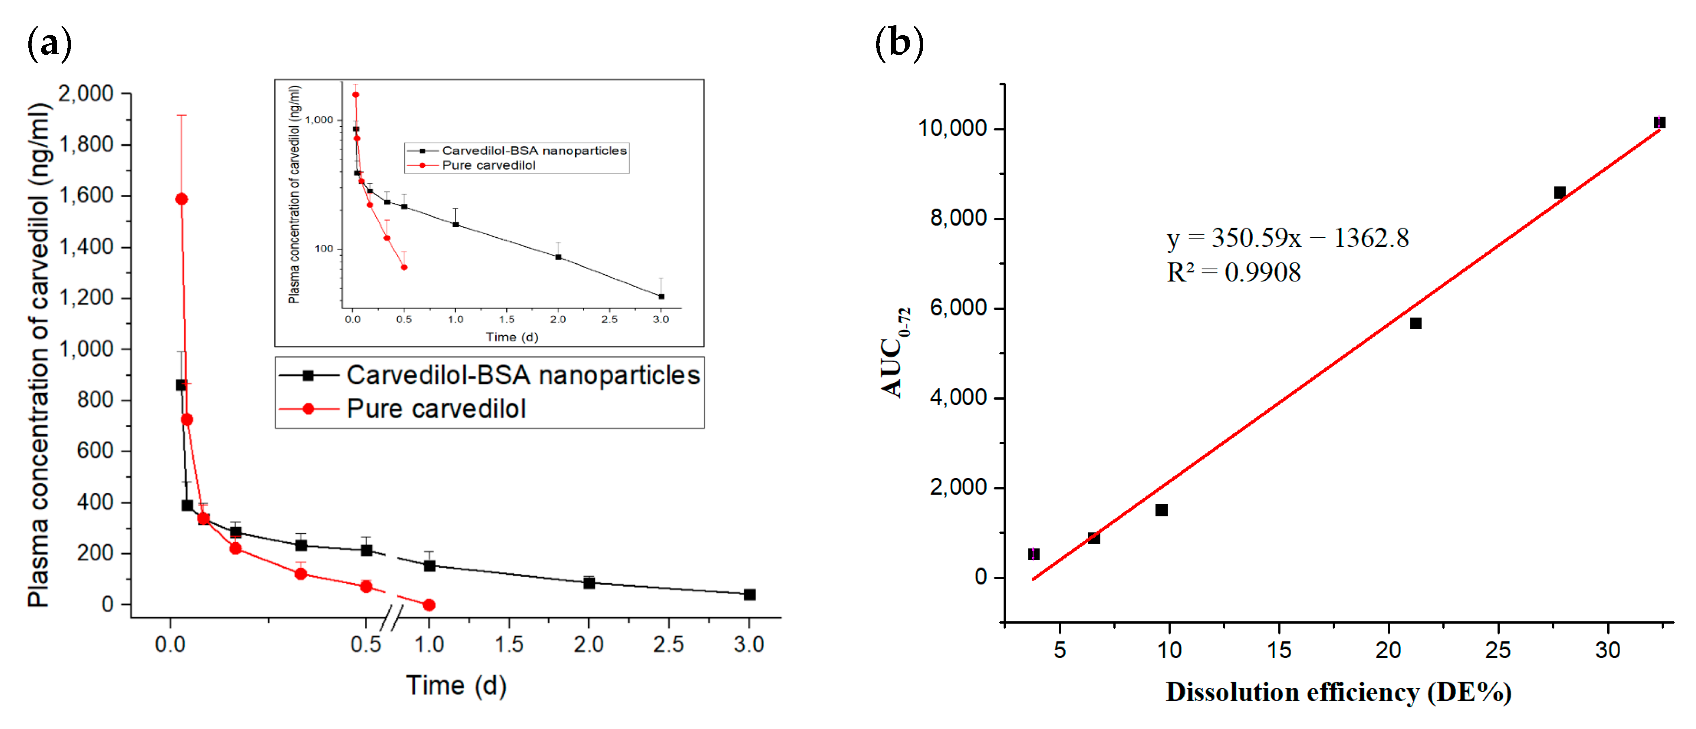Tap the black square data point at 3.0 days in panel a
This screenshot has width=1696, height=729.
click(x=749, y=594)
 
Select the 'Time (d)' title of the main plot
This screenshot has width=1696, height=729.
click(x=456, y=686)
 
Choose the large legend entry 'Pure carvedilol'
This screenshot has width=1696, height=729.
click(x=436, y=409)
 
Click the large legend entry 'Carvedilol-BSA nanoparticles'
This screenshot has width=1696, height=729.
click(x=523, y=375)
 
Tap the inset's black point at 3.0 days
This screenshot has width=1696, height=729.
click(x=661, y=296)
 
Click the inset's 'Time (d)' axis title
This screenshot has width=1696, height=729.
click(x=512, y=337)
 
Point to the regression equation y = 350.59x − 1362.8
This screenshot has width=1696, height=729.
click(x=1287, y=238)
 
